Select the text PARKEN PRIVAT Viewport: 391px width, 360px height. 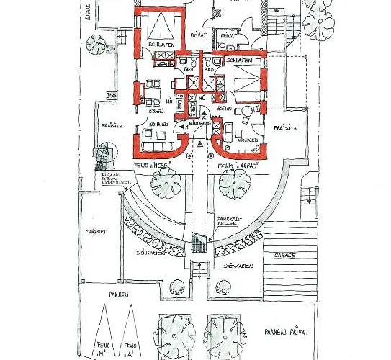tap(286, 333)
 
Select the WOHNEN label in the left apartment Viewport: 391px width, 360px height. tap(158, 124)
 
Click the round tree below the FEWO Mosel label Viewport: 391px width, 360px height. tap(166, 186)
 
